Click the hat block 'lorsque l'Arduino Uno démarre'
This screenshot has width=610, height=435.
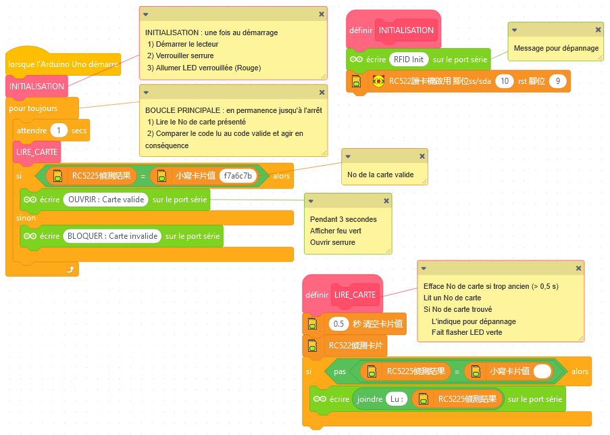tap(62, 64)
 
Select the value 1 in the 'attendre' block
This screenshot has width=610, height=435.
tap(59, 131)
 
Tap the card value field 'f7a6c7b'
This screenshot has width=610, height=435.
tap(239, 176)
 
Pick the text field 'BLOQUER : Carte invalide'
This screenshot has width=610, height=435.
tap(112, 236)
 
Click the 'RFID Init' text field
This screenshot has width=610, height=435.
tap(409, 60)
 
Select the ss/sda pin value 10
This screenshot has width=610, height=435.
tap(504, 81)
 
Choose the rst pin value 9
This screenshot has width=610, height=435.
tap(557, 81)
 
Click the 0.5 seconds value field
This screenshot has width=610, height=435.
tap(339, 324)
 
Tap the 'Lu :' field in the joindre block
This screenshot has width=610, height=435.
tap(397, 399)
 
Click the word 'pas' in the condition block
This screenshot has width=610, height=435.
tap(340, 371)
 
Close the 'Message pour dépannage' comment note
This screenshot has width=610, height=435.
tap(598, 30)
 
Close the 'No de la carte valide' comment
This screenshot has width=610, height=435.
tap(422, 156)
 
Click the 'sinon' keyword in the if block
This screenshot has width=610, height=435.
tap(26, 218)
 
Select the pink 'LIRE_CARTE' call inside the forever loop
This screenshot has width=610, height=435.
tap(36, 152)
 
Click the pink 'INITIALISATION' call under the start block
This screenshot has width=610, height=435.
tap(37, 87)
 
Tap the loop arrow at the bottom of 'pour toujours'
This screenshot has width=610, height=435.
tap(70, 269)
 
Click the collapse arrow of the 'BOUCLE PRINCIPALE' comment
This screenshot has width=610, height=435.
tap(146, 92)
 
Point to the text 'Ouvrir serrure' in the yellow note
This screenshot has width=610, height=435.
tap(332, 242)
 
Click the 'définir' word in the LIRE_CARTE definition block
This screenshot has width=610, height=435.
tap(317, 295)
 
